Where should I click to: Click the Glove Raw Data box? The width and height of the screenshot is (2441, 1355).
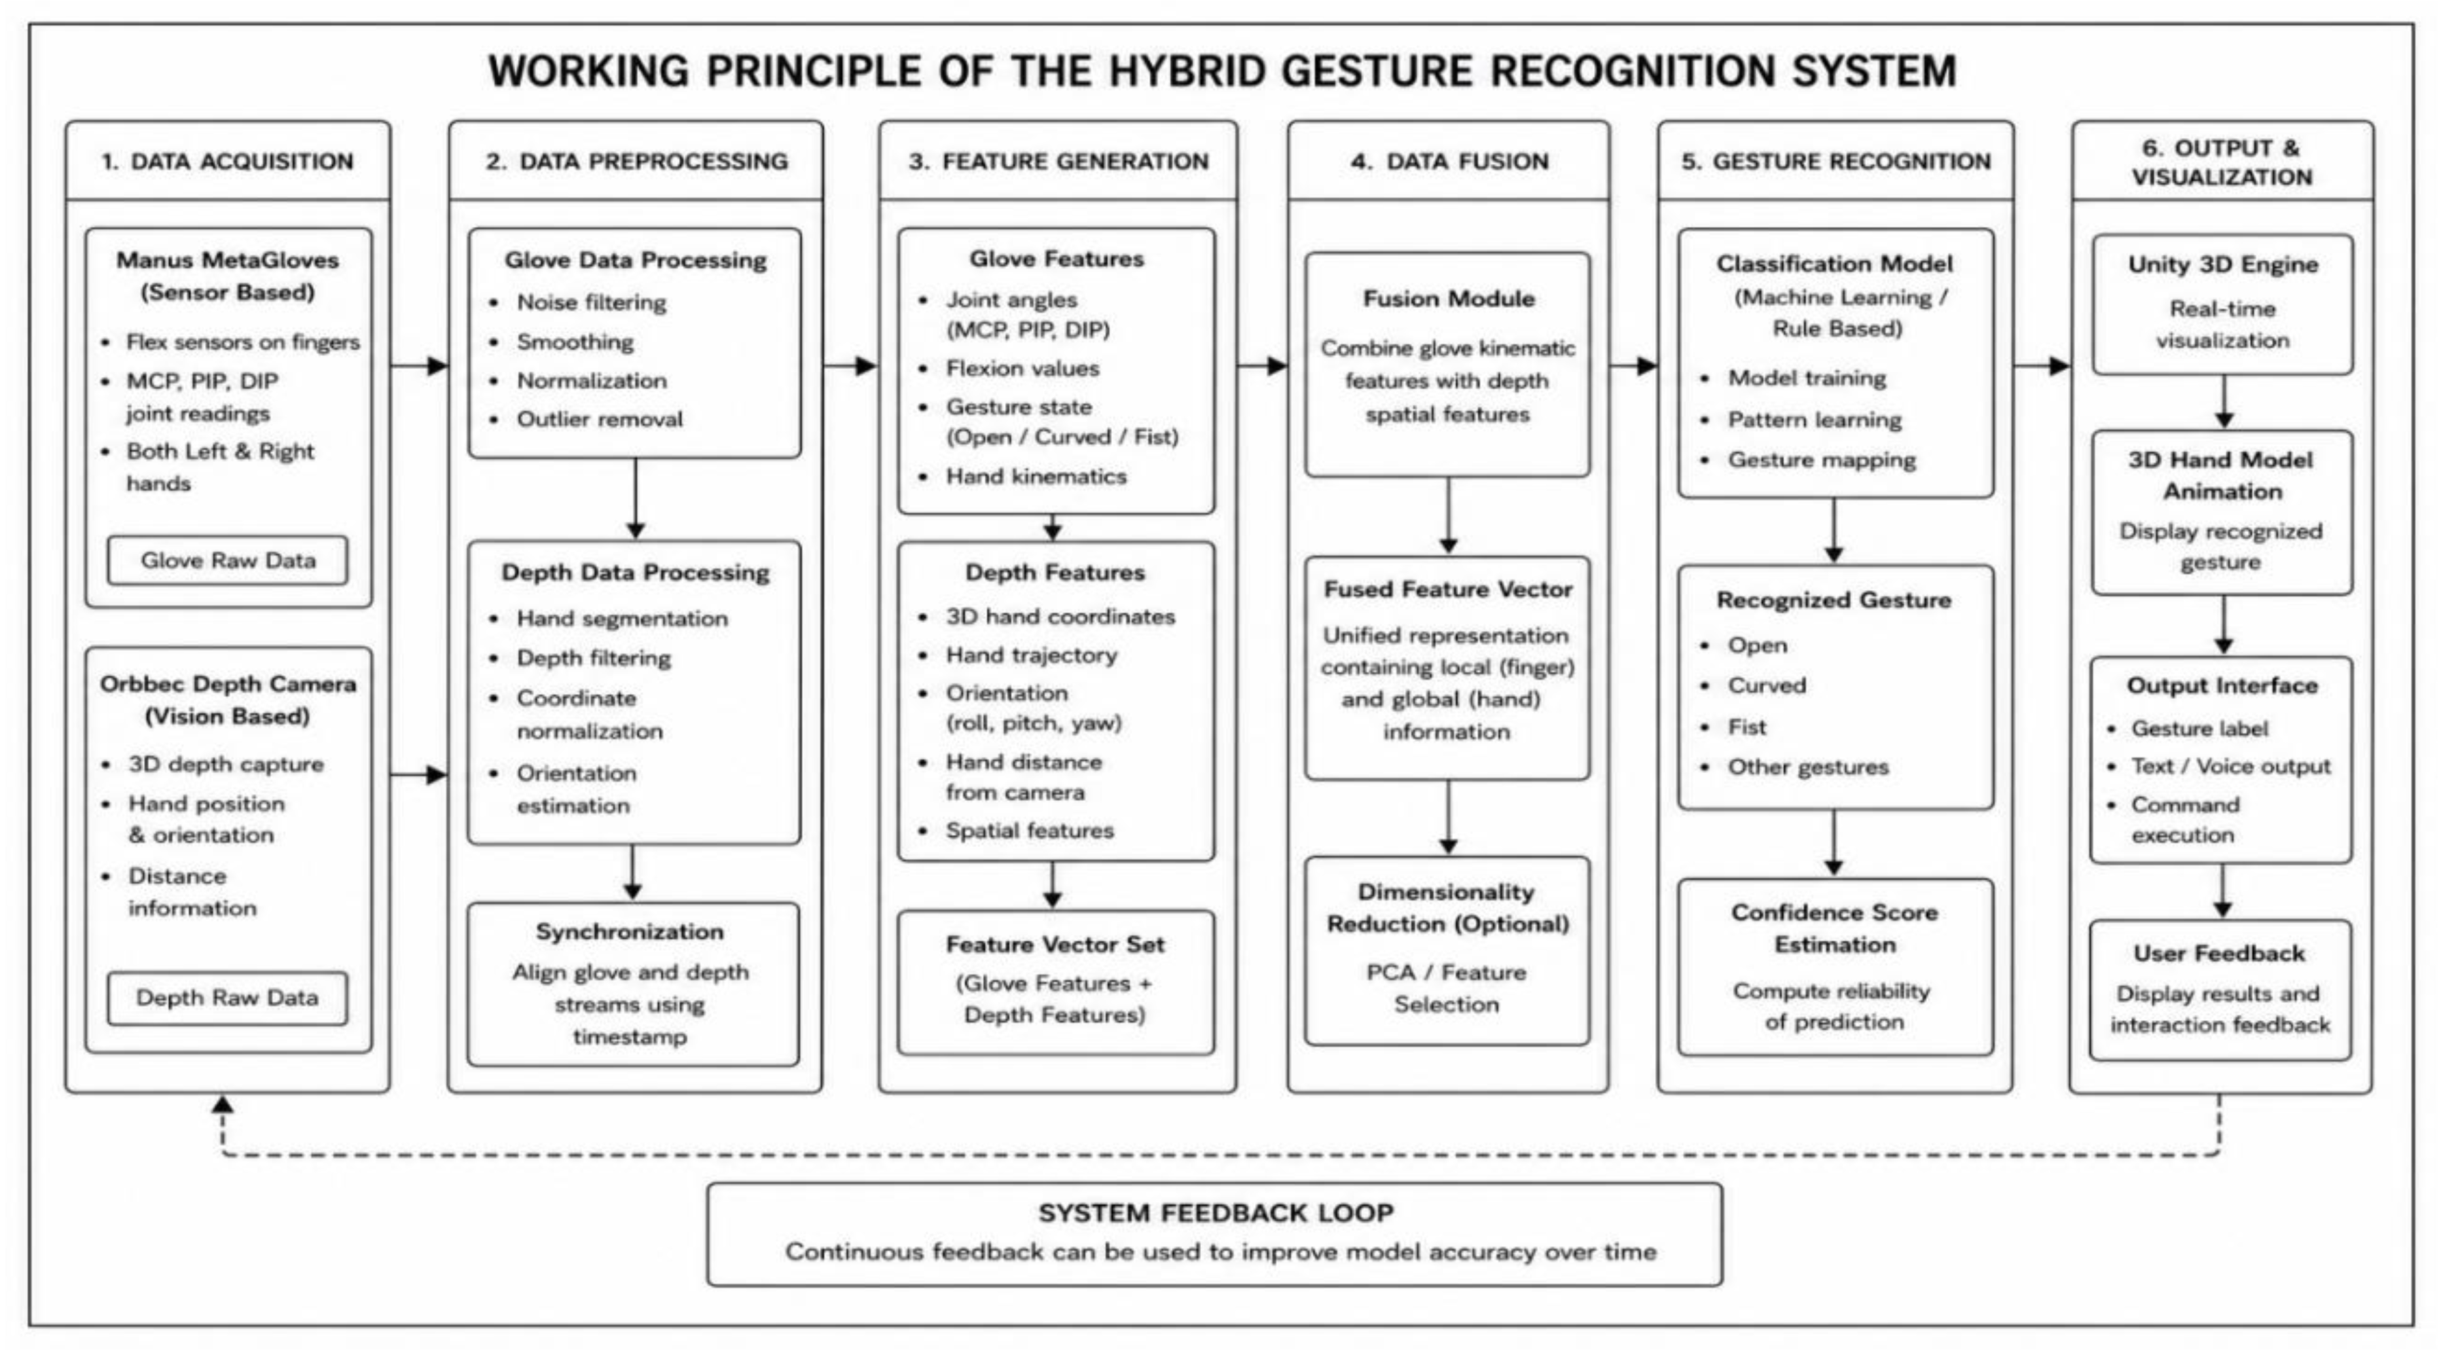click(228, 560)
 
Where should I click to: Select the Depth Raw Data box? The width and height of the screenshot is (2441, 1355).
click(228, 998)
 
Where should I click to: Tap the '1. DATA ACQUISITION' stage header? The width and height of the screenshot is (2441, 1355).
click(228, 161)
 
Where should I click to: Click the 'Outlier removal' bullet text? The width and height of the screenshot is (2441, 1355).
click(599, 419)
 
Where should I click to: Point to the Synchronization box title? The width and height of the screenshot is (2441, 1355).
click(630, 931)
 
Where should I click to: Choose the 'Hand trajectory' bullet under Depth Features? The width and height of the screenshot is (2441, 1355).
click(1031, 655)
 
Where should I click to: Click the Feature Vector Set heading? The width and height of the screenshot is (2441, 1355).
click(1055, 944)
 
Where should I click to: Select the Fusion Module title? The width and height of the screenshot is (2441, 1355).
click(1449, 298)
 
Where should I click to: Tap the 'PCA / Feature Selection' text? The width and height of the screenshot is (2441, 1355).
click(1447, 988)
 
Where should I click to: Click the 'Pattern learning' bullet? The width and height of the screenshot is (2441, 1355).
click(1815, 420)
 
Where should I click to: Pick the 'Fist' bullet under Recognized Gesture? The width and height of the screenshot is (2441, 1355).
click(1748, 727)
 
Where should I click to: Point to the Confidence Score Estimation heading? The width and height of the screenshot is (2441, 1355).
click(1834, 928)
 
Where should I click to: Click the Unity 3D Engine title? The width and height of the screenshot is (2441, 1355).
click(2223, 264)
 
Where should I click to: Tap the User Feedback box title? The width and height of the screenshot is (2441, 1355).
click(2220, 953)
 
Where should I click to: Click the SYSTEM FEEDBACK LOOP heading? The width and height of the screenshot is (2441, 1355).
click(1216, 1213)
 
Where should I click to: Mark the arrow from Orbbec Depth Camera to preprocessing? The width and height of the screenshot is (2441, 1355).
click(419, 775)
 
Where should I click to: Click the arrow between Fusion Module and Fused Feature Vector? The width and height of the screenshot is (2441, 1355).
click(1448, 516)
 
